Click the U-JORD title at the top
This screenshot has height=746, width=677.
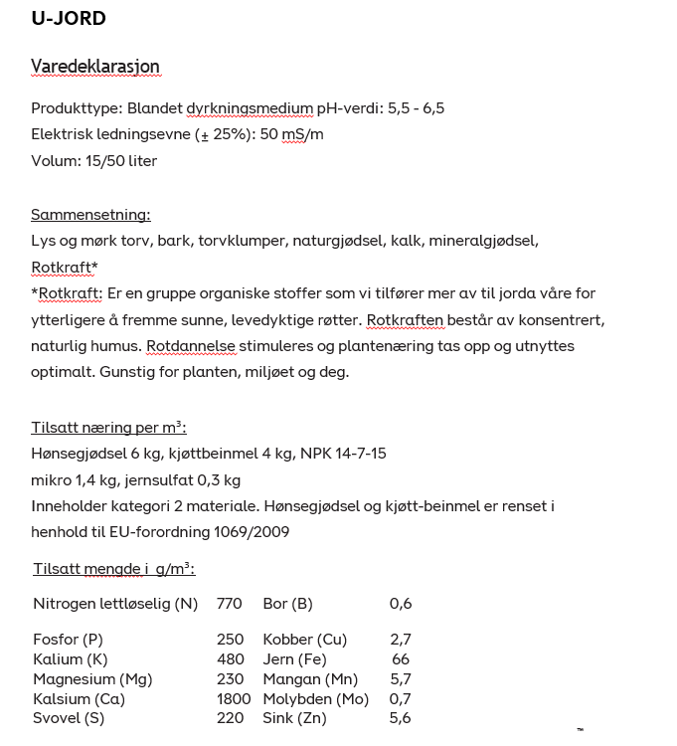tap(69, 18)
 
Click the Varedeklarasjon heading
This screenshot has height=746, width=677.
tap(95, 67)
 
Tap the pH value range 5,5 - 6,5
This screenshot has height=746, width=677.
tap(415, 108)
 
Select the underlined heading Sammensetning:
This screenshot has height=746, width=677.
tap(90, 214)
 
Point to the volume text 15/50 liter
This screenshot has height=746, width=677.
tap(121, 161)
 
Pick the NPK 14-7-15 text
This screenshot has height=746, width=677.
tap(343, 454)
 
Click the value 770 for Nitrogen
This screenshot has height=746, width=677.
tap(230, 604)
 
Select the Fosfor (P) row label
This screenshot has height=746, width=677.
tap(68, 640)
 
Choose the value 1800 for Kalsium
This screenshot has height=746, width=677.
tap(234, 699)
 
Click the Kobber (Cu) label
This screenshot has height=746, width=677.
tap(304, 640)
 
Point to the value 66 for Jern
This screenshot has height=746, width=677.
tap(401, 659)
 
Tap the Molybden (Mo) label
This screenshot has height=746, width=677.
tap(315, 699)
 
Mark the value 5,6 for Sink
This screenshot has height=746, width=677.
tap(401, 718)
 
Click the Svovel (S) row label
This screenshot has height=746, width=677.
tap(69, 718)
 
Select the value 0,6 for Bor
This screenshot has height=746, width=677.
tap(401, 604)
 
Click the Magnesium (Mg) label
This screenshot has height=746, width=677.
tap(92, 679)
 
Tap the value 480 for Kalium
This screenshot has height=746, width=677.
tap(231, 659)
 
